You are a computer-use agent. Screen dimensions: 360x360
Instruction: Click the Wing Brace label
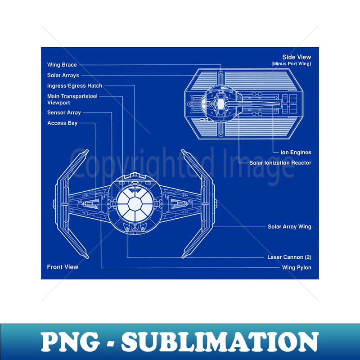point(62,65)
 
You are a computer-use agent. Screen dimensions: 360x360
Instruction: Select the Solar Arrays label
point(63,75)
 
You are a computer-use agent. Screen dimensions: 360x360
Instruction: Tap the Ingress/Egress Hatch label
point(75,85)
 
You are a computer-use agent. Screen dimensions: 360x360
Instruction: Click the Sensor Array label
point(64,112)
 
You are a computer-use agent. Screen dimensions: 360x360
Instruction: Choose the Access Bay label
point(62,123)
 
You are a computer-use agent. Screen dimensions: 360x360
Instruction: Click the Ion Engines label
point(296,153)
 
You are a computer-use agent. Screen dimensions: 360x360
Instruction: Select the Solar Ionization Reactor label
point(280,162)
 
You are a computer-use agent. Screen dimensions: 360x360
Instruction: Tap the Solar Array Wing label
point(289,227)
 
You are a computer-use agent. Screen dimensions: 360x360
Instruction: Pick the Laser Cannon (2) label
point(289,257)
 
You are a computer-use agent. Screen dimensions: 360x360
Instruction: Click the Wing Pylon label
point(297,268)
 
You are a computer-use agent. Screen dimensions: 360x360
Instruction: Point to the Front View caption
point(63,267)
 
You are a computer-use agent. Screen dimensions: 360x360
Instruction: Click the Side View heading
point(296,57)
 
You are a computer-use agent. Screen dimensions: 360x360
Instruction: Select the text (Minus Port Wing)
point(291,63)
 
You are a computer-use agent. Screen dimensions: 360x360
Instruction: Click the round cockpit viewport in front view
point(135,205)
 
